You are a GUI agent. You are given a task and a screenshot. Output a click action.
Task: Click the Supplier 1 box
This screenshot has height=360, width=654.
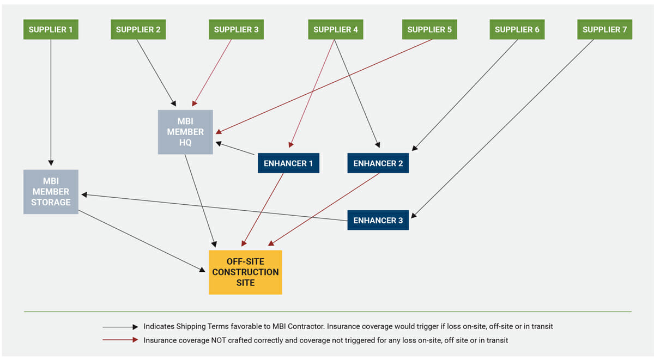click(51, 29)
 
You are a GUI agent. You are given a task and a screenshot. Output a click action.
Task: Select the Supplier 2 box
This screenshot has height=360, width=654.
click(138, 29)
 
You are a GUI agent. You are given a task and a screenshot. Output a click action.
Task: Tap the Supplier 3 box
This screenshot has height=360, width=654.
click(236, 29)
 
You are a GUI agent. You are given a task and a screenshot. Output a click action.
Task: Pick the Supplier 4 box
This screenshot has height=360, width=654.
click(335, 29)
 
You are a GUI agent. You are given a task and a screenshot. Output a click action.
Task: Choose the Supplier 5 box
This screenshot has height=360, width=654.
click(429, 29)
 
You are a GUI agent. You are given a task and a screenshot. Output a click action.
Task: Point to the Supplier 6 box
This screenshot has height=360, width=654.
click(517, 29)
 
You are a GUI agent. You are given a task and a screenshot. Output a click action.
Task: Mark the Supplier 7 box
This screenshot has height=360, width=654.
click(604, 29)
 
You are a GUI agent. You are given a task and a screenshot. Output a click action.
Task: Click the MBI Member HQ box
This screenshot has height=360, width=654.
click(185, 132)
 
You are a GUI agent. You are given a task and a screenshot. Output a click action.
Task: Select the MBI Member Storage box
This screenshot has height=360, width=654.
click(51, 192)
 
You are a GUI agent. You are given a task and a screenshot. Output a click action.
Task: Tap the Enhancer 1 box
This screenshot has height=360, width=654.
click(288, 163)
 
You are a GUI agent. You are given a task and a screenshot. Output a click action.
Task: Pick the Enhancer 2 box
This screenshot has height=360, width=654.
click(378, 163)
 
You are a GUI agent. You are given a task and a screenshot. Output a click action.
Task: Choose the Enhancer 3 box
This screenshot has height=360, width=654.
click(378, 220)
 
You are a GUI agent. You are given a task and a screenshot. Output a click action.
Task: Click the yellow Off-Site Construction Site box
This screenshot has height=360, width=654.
click(245, 272)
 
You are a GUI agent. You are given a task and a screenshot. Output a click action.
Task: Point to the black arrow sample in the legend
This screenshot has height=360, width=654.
click(120, 327)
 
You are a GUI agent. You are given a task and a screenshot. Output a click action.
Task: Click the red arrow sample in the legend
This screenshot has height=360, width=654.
click(120, 340)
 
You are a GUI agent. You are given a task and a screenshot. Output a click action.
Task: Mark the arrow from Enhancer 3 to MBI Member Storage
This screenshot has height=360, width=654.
click(218, 208)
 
